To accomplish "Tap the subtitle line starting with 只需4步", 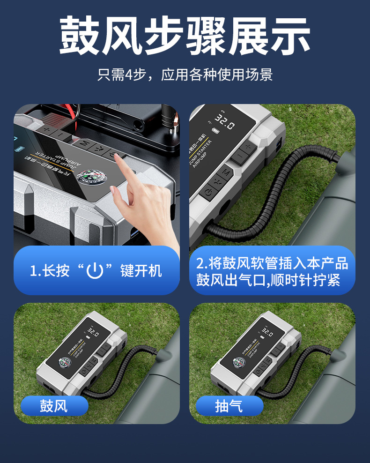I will tap(185, 75).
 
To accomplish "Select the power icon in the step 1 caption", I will tap(95, 270).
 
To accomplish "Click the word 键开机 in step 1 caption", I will tap(141, 270).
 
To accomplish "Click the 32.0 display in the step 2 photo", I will tap(225, 124).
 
